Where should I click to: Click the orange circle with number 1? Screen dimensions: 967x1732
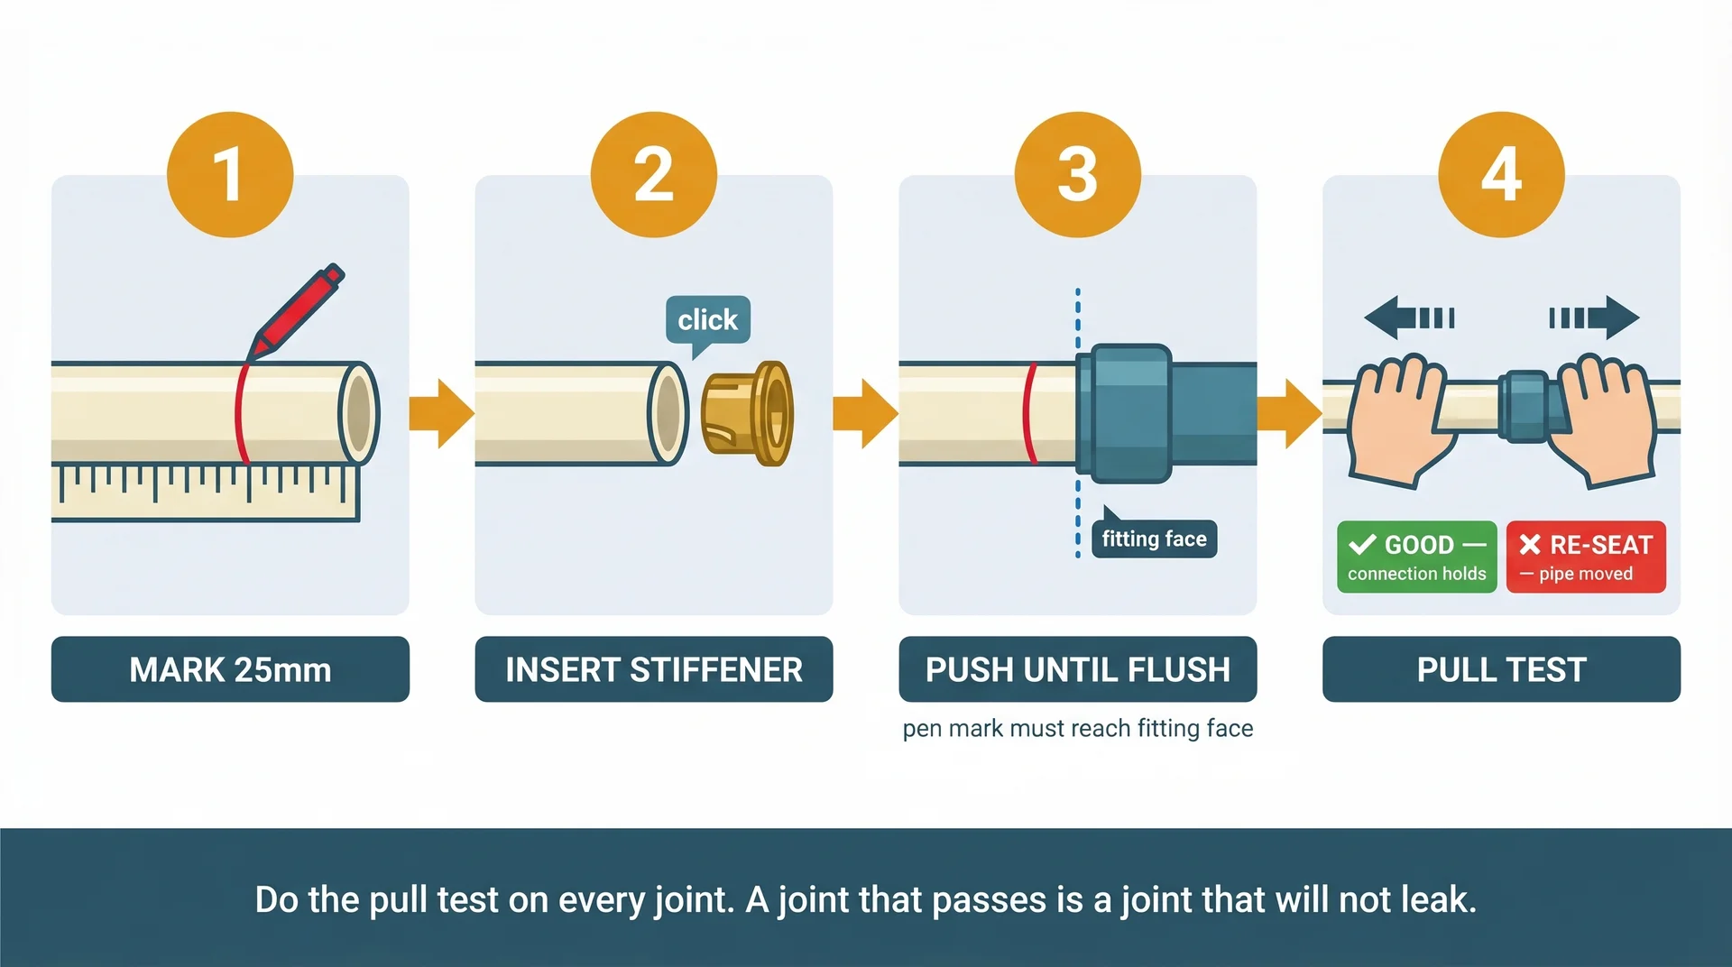pyautogui.click(x=230, y=174)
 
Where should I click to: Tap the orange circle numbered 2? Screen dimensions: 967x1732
pyautogui.click(x=653, y=174)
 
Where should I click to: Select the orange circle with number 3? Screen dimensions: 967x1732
pyautogui.click(x=1077, y=174)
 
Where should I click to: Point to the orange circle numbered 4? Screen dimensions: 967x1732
pyautogui.click(x=1501, y=174)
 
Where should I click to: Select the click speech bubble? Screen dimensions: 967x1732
pyautogui.click(x=708, y=320)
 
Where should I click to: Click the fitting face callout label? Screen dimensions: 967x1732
pyautogui.click(x=1154, y=539)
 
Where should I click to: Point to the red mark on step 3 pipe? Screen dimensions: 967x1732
pyautogui.click(x=1028, y=413)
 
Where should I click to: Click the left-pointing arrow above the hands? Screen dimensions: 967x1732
pyautogui.click(x=1407, y=318)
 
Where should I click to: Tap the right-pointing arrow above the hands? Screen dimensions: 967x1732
pyautogui.click(x=1595, y=318)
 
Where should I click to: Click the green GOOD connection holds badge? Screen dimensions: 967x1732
pyautogui.click(x=1416, y=557)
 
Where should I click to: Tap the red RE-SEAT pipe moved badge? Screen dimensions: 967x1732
pyautogui.click(x=1586, y=557)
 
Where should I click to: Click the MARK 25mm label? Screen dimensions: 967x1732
pyautogui.click(x=230, y=669)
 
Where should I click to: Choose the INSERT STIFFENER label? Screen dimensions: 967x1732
pyautogui.click(x=653, y=669)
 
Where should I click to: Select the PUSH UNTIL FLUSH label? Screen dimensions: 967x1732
pyautogui.click(x=1077, y=669)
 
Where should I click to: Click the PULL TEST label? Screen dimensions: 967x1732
pyautogui.click(x=1501, y=669)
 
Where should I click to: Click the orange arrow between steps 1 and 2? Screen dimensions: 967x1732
pyautogui.click(x=441, y=413)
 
